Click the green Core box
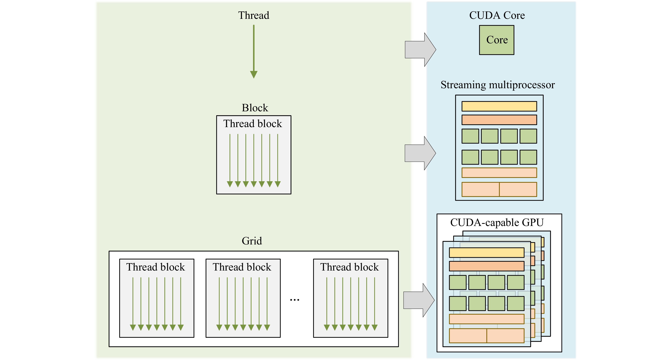tap(497, 40)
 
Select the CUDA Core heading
tap(497, 15)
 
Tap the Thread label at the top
tap(253, 15)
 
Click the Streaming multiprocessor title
tap(498, 85)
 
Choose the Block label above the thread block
tap(255, 108)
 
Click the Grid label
tap(252, 241)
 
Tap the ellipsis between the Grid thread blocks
tap(295, 300)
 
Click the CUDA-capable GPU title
tap(497, 222)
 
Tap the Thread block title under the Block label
tap(252, 124)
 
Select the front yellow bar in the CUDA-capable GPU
tap(487, 253)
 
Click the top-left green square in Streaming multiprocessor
tap(470, 136)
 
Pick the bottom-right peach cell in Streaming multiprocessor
tap(518, 189)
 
